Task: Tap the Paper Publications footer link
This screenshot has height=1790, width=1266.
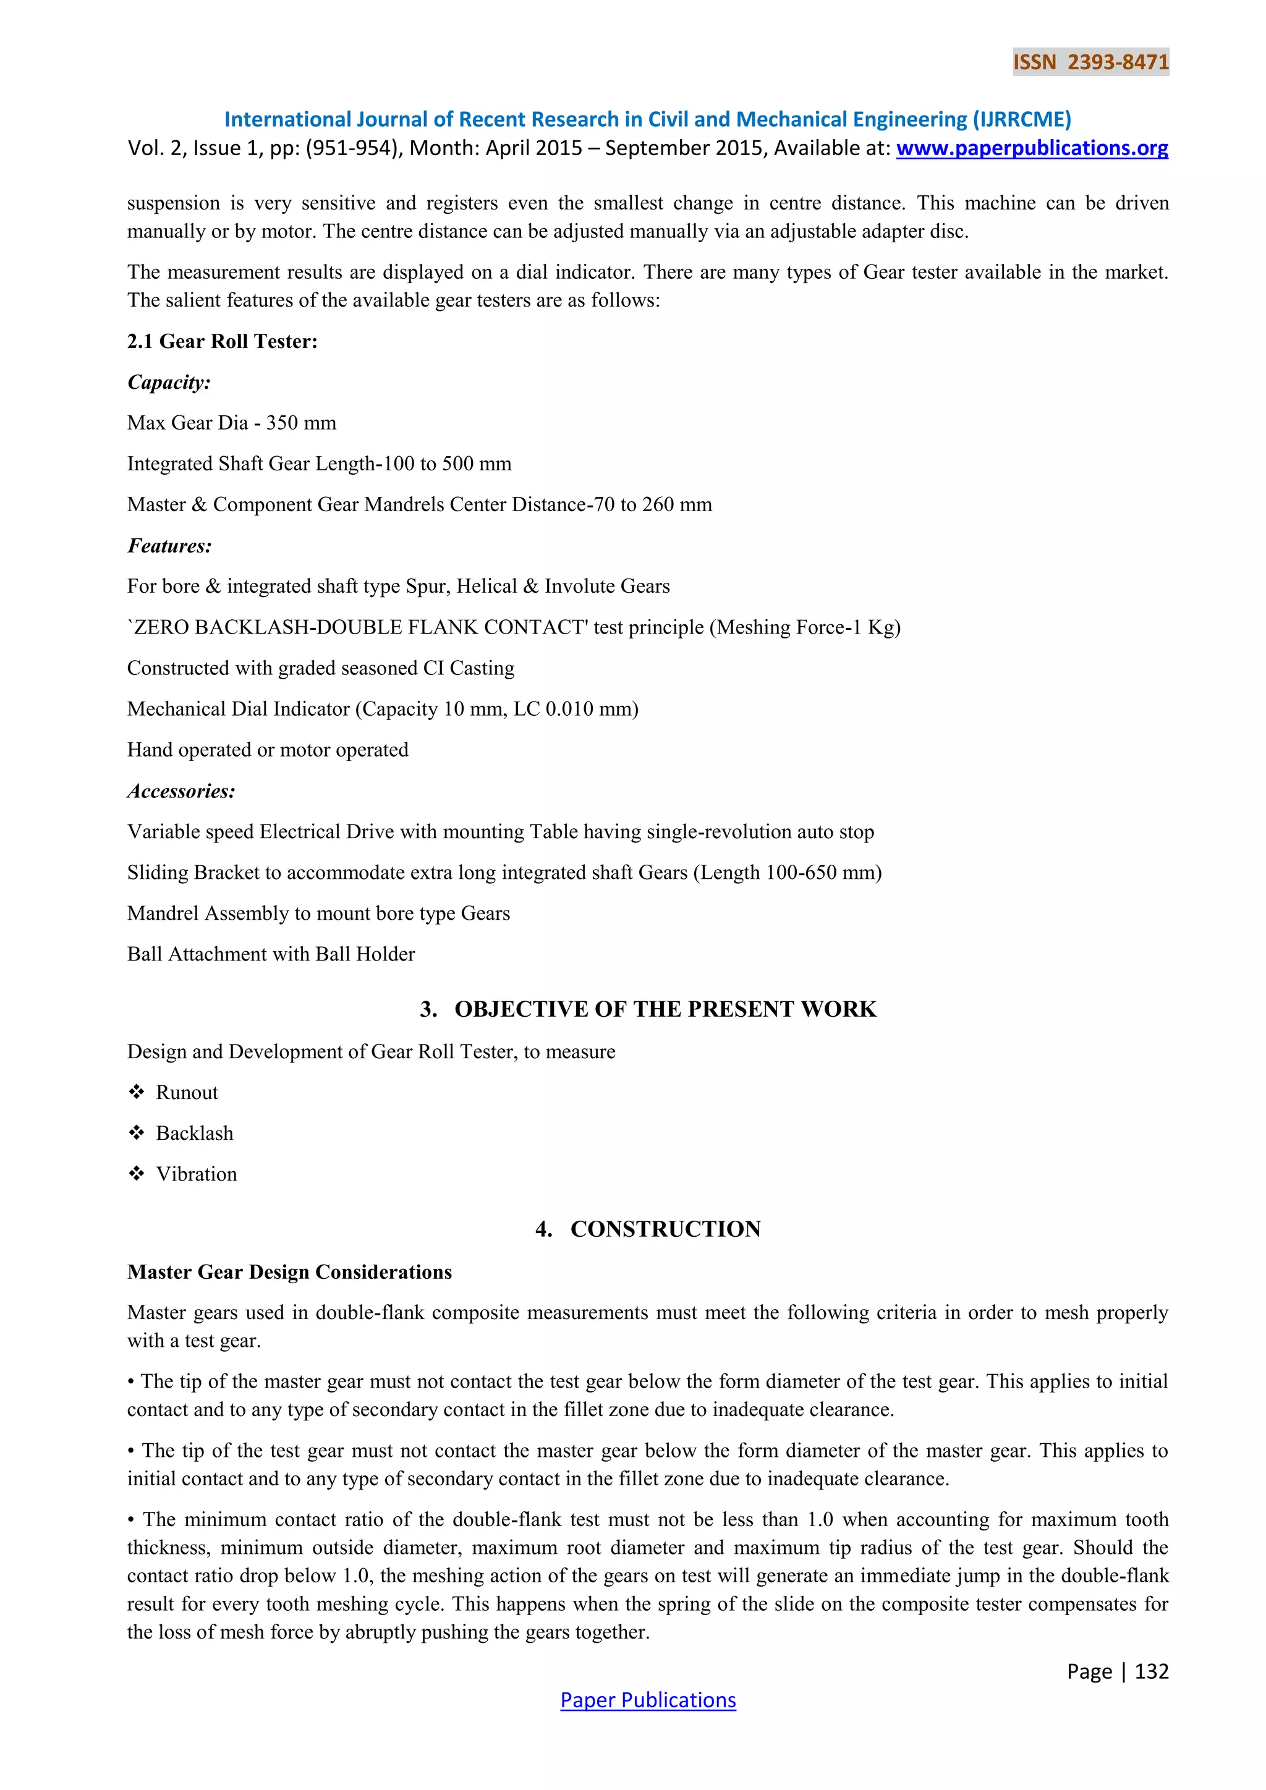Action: tap(648, 1700)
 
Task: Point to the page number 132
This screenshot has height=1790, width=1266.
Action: tap(1152, 1671)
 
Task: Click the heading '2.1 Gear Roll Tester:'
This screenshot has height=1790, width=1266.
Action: tap(222, 341)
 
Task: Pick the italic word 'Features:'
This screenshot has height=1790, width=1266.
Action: tap(169, 546)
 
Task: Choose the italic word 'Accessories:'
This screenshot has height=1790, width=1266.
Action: tap(181, 791)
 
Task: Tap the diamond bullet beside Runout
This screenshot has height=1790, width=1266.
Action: tap(137, 1092)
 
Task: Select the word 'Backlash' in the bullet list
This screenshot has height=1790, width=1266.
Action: tap(194, 1134)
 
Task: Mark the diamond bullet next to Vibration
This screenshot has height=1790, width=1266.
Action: tap(137, 1174)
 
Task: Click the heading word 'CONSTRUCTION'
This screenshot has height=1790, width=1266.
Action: tap(665, 1229)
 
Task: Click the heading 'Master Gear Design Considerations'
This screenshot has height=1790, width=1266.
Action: tap(289, 1272)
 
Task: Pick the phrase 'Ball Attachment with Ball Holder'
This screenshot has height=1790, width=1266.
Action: tap(271, 954)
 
